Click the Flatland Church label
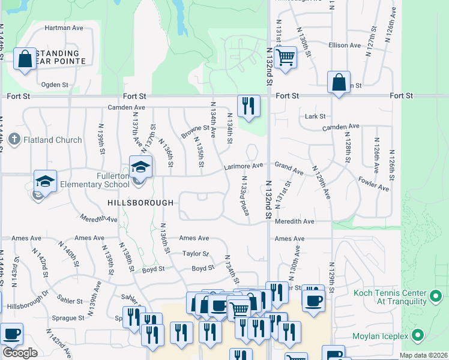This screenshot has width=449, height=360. click(x=52, y=140)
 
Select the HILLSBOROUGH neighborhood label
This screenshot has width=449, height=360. click(x=140, y=203)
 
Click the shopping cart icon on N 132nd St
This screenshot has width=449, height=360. click(x=286, y=58)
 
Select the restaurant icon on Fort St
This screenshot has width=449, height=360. click(x=249, y=106)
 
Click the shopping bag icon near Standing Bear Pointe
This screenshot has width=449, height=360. click(x=25, y=59)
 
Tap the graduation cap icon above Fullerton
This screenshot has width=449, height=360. click(x=141, y=167)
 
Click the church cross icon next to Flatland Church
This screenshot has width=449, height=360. click(x=15, y=140)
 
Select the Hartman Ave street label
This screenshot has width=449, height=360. click(x=64, y=28)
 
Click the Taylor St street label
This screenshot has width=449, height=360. click(x=196, y=254)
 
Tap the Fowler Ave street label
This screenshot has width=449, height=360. click(x=374, y=182)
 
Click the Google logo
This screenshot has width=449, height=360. click(x=20, y=353)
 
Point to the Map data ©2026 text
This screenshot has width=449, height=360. click(x=423, y=355)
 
